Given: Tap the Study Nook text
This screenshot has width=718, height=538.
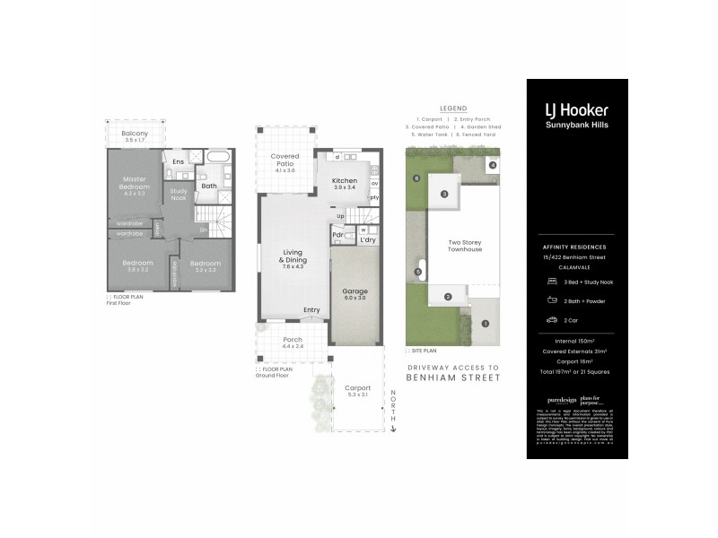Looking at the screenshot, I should (x=179, y=194).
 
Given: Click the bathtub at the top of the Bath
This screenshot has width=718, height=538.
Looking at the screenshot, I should (x=218, y=156).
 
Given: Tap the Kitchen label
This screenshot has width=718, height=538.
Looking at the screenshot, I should (x=345, y=180).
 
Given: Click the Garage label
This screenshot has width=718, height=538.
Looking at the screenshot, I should (x=355, y=291).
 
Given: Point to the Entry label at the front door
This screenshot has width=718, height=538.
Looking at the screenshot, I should (x=311, y=310).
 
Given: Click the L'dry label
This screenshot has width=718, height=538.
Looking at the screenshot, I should (x=367, y=239).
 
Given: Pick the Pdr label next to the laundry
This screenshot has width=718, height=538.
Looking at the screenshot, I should (x=338, y=237).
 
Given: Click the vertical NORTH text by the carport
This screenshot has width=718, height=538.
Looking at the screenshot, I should (x=392, y=408).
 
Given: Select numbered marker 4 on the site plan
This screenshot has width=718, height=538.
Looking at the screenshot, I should (x=493, y=165).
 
